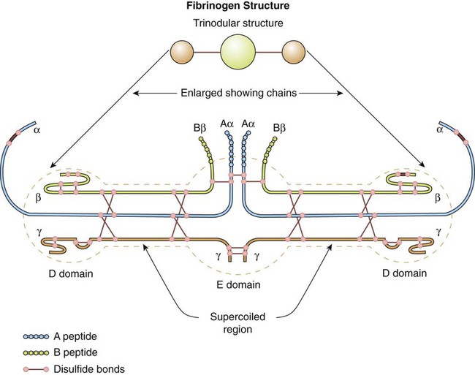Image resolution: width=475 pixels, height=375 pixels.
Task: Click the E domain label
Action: tap(239, 284)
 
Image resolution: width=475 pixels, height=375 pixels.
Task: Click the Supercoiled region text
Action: tap(239, 323)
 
